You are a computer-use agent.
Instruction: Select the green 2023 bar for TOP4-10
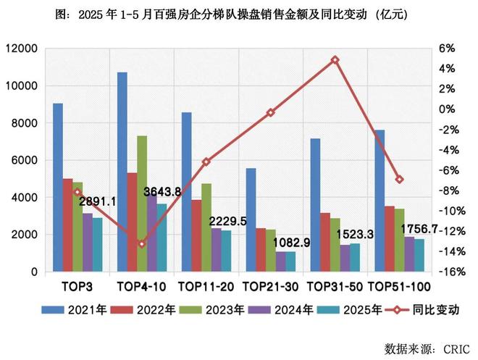(x=142, y=204)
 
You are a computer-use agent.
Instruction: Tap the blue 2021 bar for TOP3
(x=58, y=188)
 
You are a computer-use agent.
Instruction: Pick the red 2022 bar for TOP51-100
(x=390, y=239)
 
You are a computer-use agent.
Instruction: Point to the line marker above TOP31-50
(x=335, y=59)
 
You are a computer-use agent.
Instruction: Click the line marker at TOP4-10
(x=142, y=244)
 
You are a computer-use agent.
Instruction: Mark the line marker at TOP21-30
(x=270, y=113)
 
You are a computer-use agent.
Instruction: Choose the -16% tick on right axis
(x=450, y=272)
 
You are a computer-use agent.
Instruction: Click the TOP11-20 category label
(x=206, y=285)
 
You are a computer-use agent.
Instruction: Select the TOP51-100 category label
(x=400, y=285)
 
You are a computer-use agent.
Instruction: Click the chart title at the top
(x=240, y=14)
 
